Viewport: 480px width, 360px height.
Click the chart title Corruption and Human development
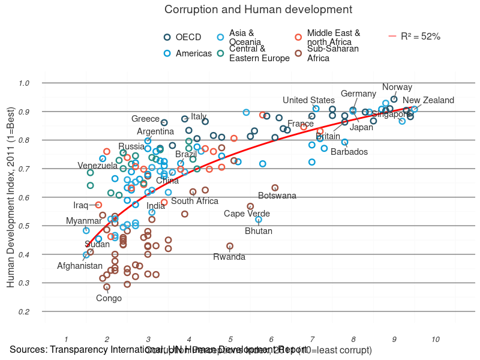pos(258,10)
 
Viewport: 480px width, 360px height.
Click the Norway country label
pos(397,87)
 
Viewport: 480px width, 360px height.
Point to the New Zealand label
pos(428,100)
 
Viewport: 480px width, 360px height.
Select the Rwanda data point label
pos(229,257)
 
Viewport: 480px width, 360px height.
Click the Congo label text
pos(109,298)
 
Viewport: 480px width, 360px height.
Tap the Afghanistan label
pos(80,266)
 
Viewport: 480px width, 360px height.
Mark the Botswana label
pos(277,196)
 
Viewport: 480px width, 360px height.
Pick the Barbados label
pos(349,152)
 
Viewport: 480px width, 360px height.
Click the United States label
pos(309,100)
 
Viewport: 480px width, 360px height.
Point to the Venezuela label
pos(98,166)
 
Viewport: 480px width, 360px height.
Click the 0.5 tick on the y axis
pos(24,226)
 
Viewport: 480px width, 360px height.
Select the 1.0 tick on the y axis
pos(24,83)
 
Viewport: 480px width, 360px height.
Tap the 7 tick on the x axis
pos(312,340)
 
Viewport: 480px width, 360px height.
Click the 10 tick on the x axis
pos(436,340)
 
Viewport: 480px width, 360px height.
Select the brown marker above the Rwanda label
pos(230,246)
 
